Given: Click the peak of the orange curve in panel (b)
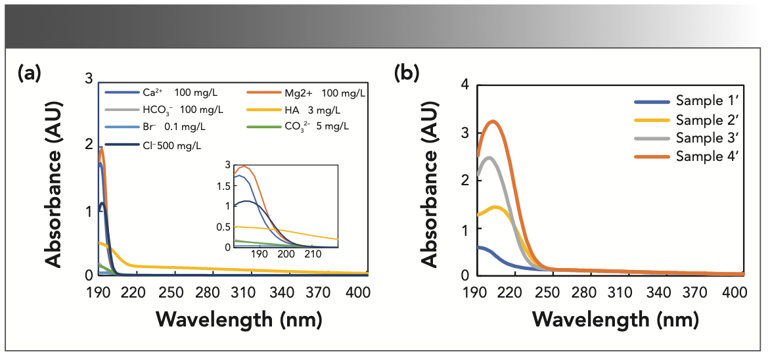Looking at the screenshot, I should point(493,122).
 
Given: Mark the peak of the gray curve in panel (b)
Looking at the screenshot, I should point(488,158).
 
